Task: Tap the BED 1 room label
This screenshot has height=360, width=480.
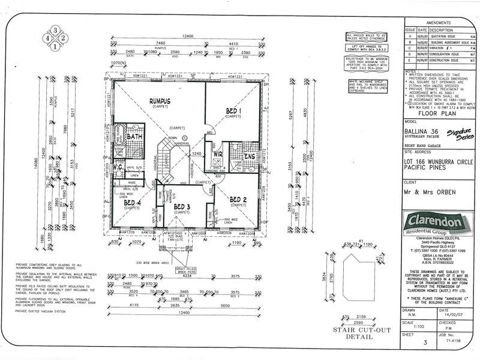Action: (233, 112)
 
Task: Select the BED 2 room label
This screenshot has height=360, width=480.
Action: (238, 200)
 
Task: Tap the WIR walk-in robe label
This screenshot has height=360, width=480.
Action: (217, 154)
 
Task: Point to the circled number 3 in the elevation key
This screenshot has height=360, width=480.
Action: (55, 30)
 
